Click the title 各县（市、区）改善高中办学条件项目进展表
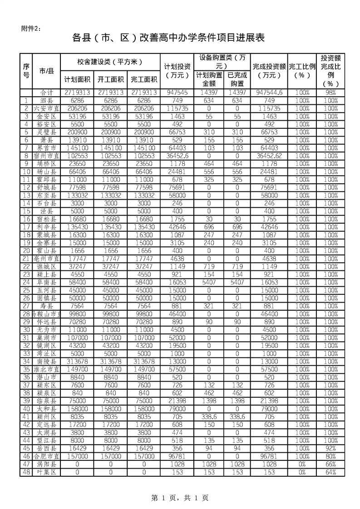click(168, 38)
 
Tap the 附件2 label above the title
click(31, 29)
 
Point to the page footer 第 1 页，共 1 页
click(180, 498)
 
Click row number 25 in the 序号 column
click(26, 290)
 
